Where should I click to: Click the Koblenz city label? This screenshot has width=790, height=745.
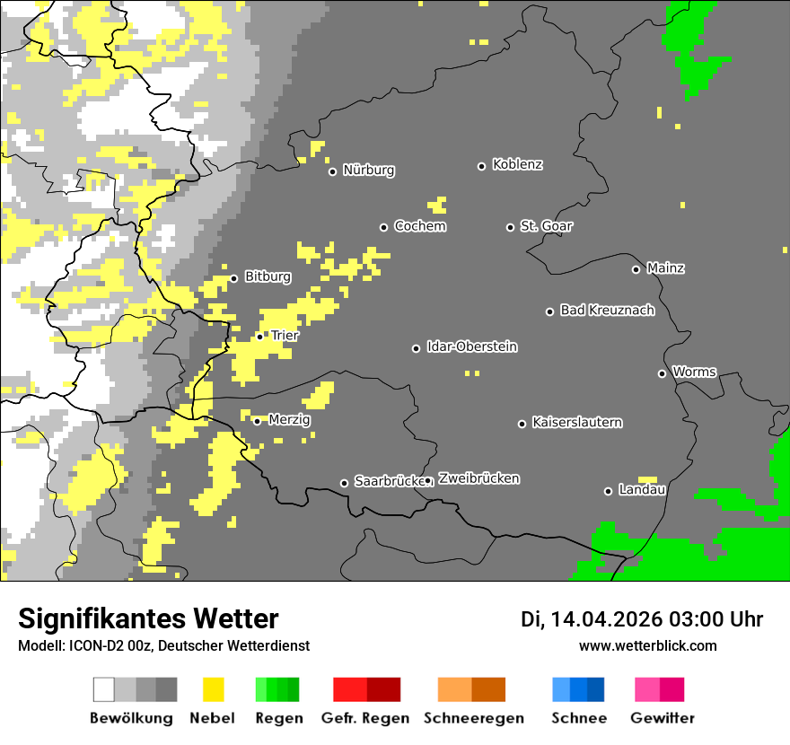(x=517, y=164)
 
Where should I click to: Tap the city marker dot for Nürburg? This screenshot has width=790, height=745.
(x=332, y=171)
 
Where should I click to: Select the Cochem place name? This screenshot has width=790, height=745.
(x=419, y=226)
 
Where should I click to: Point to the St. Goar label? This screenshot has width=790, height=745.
(x=546, y=226)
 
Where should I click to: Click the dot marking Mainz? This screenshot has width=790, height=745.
(x=636, y=269)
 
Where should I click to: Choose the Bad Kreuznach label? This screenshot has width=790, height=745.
(x=607, y=311)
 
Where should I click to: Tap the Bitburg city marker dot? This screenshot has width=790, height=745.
(x=233, y=278)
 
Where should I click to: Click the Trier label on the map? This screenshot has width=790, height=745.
(x=285, y=336)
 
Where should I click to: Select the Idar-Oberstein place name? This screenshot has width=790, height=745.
(x=471, y=347)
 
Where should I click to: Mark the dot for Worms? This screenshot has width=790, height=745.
(x=662, y=373)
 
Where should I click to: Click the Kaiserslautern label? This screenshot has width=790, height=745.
(x=576, y=423)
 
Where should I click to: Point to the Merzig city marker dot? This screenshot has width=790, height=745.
(x=257, y=421)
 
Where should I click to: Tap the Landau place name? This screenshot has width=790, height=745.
(x=641, y=490)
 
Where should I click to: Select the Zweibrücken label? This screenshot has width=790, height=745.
(x=478, y=479)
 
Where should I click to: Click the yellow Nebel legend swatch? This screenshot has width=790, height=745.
(x=213, y=689)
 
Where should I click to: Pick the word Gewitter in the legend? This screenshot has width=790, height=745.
(x=662, y=718)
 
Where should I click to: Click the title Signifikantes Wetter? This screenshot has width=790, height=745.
(x=148, y=619)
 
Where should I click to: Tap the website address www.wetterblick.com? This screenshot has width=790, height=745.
(x=647, y=646)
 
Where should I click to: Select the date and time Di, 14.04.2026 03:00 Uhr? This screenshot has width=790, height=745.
(x=642, y=619)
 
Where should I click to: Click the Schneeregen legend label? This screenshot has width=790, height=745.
(x=473, y=718)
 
